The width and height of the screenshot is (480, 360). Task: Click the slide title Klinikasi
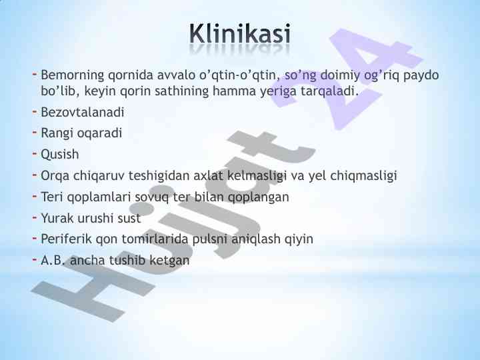(240, 33)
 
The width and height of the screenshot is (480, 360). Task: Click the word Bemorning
(73, 75)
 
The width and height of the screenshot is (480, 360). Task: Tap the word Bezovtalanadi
(83, 112)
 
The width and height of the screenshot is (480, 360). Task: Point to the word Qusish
(60, 154)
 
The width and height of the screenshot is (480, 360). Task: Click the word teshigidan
(159, 176)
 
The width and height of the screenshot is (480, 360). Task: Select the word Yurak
(57, 218)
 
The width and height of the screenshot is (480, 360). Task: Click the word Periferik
(67, 239)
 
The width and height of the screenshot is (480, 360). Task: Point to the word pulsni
(210, 239)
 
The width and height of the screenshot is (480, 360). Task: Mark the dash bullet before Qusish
(35, 153)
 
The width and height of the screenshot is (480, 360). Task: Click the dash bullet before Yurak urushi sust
(35, 217)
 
